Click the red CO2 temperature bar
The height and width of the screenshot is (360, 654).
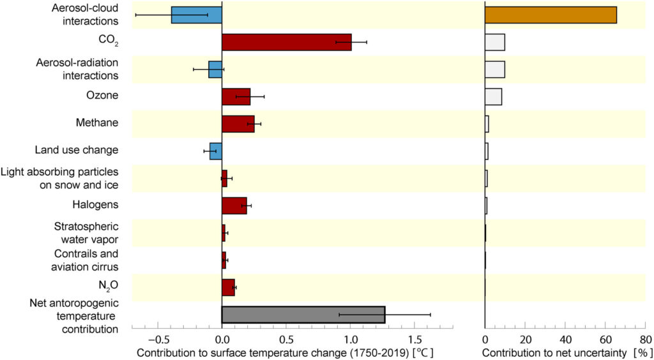tap(286, 42)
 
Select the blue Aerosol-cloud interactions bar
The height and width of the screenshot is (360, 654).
tap(196, 15)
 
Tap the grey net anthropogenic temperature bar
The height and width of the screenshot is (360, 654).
tap(303, 315)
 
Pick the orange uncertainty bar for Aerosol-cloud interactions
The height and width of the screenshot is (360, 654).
tap(551, 15)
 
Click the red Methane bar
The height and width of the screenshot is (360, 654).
tap(238, 124)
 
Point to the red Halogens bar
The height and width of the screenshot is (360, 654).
tap(234, 206)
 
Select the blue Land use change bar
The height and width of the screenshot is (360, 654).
tap(216, 151)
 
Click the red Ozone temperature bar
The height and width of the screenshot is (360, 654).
tap(236, 96)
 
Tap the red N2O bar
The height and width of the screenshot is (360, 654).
tap(228, 287)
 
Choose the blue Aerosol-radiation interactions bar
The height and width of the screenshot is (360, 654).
tap(215, 70)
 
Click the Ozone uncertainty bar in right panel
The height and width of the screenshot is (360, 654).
tap(493, 96)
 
